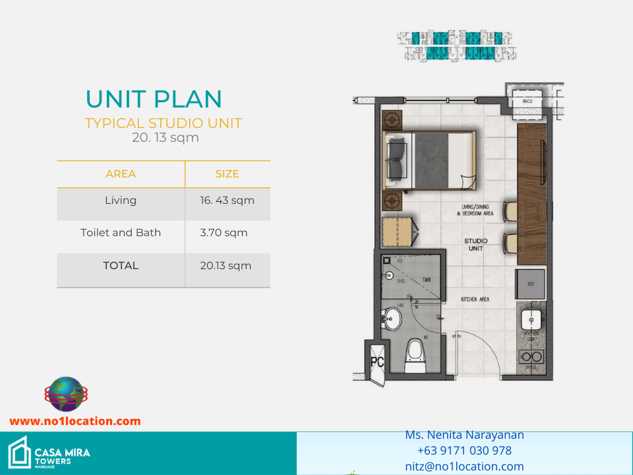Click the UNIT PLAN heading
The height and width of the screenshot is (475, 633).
tap(154, 99)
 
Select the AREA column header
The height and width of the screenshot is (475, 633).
tap(121, 174)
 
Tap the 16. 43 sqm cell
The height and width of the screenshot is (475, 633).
tap(227, 200)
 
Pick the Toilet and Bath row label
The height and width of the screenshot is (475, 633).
tap(121, 232)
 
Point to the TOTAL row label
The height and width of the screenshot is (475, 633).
tap(121, 265)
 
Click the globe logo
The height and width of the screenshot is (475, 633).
tap(65, 395)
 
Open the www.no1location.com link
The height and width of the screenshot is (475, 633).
tap(75, 421)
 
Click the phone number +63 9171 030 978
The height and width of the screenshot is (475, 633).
tap(464, 451)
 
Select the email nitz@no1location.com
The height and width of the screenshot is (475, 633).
tap(464, 466)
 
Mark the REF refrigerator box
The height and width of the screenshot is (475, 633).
tap(530, 284)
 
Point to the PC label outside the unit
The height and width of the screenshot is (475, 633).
tap(377, 362)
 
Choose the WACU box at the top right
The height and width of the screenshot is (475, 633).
tap(527, 101)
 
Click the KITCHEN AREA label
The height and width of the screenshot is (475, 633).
tap(475, 300)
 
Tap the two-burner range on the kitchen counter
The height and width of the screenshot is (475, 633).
tap(531, 357)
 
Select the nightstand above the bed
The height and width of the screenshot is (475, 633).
tap(393, 119)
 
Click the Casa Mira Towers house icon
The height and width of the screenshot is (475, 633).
tap(18, 452)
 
